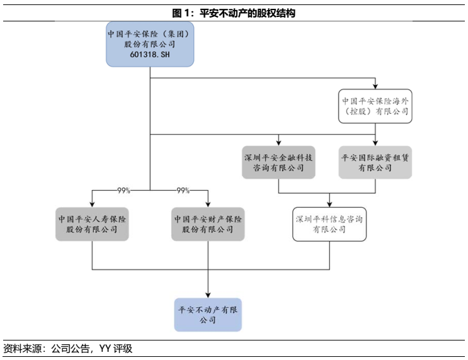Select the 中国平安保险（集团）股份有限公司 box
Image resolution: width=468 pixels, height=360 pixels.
pos(150,45)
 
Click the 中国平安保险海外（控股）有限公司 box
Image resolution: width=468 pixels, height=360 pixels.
pos(375,106)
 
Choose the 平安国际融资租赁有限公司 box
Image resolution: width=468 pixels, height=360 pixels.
pos(375,162)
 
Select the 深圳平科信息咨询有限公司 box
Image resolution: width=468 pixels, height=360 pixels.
pos(329,224)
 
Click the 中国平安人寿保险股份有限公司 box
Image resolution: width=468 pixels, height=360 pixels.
pos(92,224)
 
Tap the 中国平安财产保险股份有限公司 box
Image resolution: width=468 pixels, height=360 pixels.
pos(208,224)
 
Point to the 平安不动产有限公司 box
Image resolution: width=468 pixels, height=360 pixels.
pos(208,315)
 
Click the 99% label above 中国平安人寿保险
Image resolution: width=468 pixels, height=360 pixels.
pos(123,190)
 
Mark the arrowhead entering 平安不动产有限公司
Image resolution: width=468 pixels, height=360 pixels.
pos(208,294)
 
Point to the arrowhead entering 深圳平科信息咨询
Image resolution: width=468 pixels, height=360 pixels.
pos(329,205)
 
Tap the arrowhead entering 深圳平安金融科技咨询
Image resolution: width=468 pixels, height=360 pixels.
pos(278,143)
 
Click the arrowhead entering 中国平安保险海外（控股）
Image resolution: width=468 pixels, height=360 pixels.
pos(375,86)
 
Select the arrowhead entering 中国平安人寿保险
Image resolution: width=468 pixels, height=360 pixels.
pos(92,204)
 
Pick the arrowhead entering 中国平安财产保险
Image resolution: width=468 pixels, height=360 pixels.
pos(208,204)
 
